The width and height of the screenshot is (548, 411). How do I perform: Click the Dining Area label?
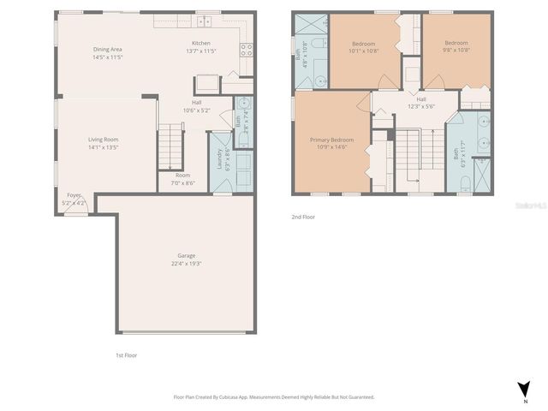tap(108, 49)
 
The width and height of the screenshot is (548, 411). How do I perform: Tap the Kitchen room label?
tap(201, 44)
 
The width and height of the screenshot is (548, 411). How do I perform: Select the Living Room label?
tap(103, 139)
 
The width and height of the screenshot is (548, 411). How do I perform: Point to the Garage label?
tap(187, 255)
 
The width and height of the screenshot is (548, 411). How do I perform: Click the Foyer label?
tap(74, 195)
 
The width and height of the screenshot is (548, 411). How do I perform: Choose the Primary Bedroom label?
tap(331, 139)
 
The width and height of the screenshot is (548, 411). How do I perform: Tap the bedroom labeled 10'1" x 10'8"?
tap(366, 43)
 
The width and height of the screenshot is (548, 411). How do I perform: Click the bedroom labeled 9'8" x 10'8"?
tap(456, 43)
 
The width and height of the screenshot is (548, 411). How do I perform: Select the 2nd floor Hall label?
tap(421, 98)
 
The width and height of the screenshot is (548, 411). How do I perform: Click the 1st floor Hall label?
tap(196, 104)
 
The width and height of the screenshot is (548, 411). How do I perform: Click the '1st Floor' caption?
tap(126, 354)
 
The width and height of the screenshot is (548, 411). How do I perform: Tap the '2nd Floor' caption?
tap(303, 217)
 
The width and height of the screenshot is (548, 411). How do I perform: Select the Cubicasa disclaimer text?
tap(274, 397)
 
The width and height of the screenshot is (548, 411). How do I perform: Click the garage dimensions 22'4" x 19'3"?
tap(187, 263)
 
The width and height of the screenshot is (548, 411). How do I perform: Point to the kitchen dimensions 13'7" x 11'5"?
tap(201, 51)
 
